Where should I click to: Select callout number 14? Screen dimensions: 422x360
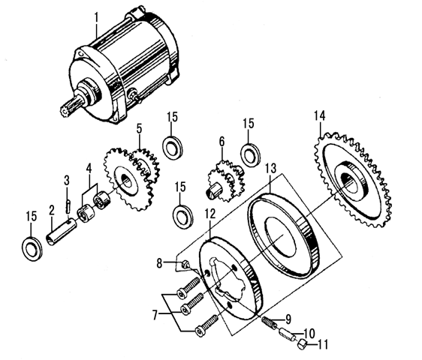[320, 116]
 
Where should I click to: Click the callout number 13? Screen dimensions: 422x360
[270, 169]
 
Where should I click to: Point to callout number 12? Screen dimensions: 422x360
[210, 214]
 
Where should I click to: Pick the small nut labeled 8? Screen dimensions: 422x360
[185, 264]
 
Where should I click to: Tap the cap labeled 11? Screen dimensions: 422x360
[302, 343]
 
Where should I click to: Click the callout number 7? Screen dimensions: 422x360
[155, 315]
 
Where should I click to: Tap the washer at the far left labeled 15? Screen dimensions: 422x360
[32, 249]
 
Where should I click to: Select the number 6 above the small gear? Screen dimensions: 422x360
[222, 142]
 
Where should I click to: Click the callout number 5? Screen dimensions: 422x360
[139, 129]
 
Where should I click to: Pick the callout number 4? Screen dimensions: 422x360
[89, 169]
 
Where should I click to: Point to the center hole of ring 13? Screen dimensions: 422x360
[280, 236]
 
